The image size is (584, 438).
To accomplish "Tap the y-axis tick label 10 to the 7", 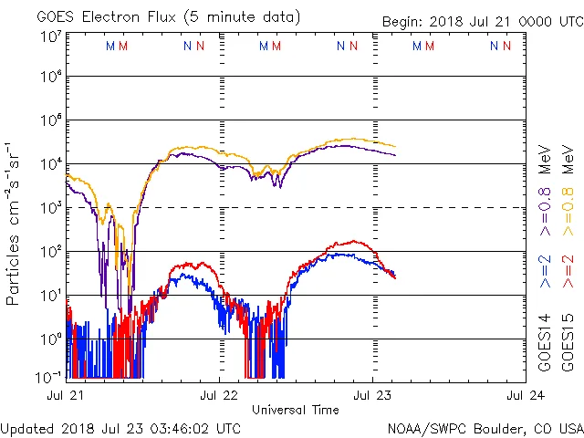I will click(x=51, y=36).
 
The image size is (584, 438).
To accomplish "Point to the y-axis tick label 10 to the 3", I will click(x=51, y=208).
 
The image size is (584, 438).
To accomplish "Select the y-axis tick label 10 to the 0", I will click(x=51, y=339).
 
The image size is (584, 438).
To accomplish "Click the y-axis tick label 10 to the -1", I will click(x=49, y=376).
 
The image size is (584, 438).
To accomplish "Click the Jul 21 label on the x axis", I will click(x=67, y=395).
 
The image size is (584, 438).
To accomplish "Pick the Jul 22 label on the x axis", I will click(x=220, y=395).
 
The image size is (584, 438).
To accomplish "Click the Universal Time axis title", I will click(x=296, y=410).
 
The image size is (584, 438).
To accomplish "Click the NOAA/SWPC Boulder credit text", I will click(x=485, y=427).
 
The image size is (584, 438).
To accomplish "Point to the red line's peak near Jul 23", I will click(x=354, y=242).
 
